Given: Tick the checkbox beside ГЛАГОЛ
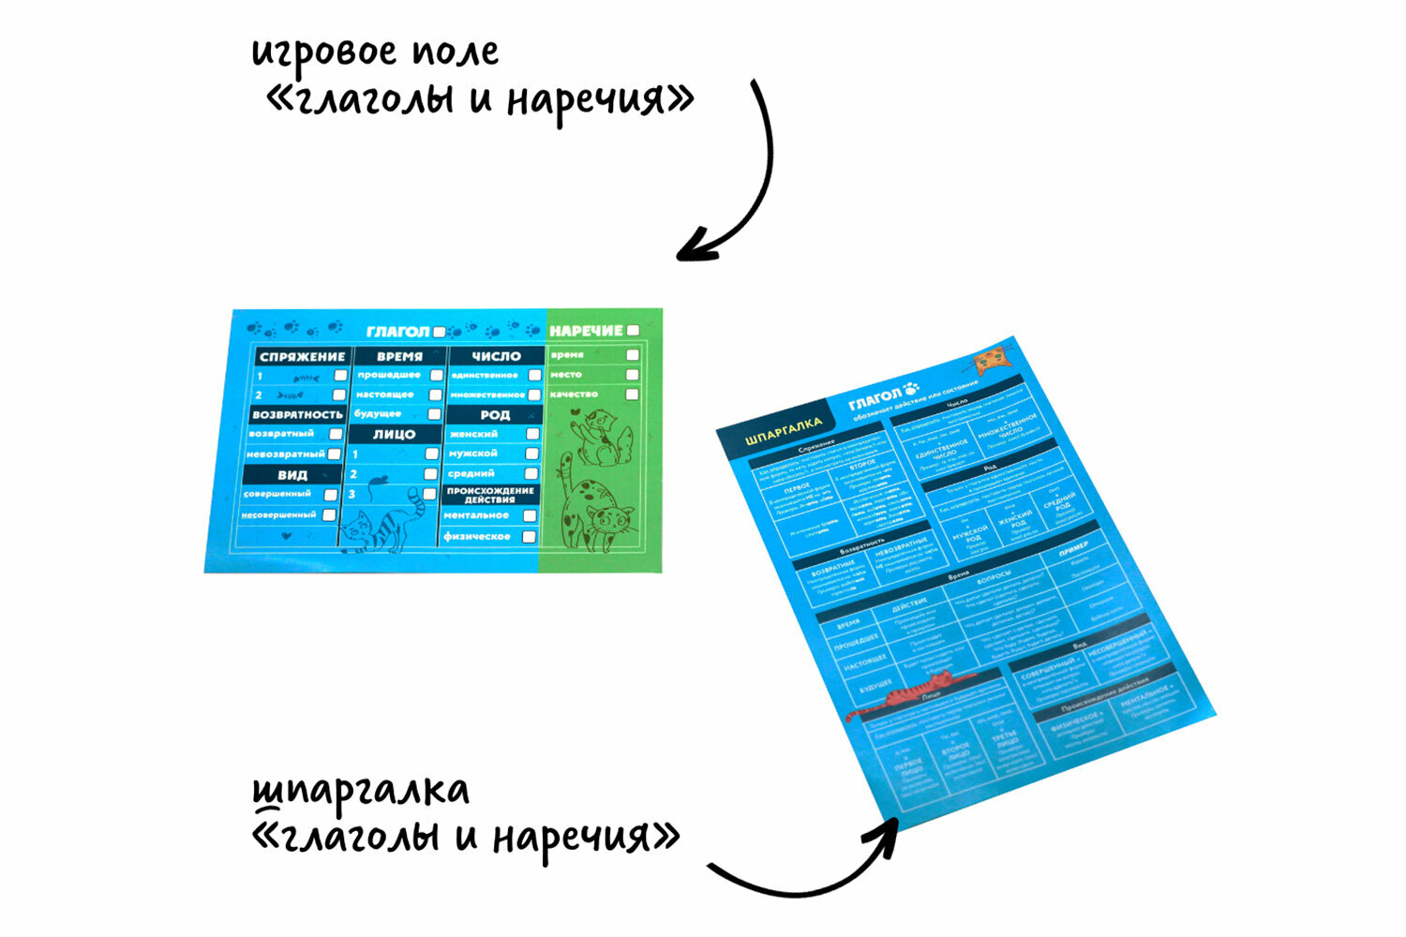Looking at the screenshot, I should (440, 332).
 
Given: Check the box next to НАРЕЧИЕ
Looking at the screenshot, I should (634, 331).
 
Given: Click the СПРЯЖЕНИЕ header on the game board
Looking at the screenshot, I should (302, 357).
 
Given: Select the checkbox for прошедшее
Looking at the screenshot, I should (436, 375).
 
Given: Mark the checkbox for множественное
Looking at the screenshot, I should (534, 394).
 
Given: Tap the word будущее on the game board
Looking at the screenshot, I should (378, 413).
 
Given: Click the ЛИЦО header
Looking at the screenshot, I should (395, 435).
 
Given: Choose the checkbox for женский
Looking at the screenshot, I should (532, 434).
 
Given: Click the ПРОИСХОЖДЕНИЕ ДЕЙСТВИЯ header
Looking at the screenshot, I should (490, 495).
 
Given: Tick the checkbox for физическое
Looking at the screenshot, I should (529, 537).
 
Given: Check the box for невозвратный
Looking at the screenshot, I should (335, 454).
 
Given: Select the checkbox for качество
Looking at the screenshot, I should (633, 394).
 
